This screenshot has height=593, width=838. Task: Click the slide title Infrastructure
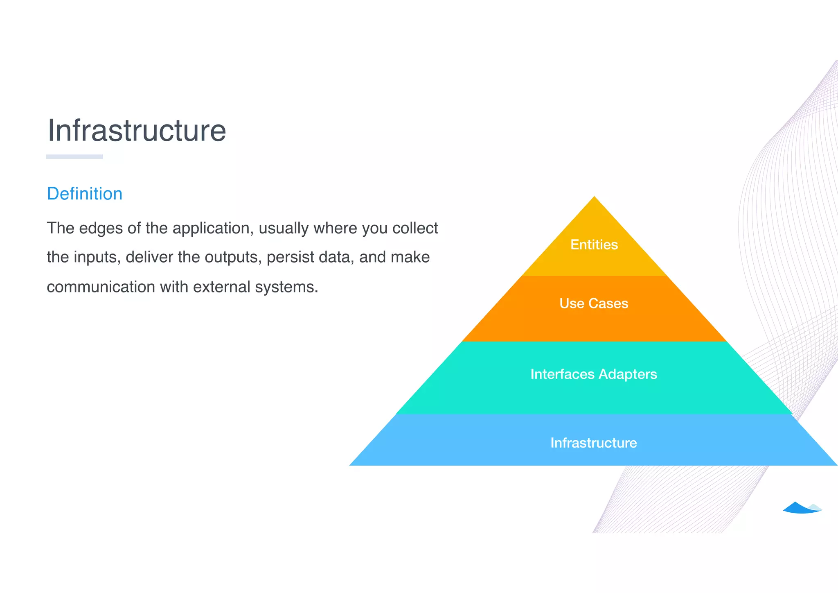137,131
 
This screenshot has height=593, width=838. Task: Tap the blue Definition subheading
85,194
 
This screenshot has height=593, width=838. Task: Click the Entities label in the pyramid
594,244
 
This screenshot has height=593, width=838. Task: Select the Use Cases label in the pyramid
594,303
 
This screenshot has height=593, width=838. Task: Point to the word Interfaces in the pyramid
562,374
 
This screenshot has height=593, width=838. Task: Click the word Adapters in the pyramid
628,374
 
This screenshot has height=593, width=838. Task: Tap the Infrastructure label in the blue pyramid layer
594,443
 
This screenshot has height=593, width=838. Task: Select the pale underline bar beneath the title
74,157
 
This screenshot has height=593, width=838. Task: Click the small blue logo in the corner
801,508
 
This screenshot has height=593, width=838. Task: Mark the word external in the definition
221,287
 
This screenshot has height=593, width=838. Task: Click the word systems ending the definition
286,287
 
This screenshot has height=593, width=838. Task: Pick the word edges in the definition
101,229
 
